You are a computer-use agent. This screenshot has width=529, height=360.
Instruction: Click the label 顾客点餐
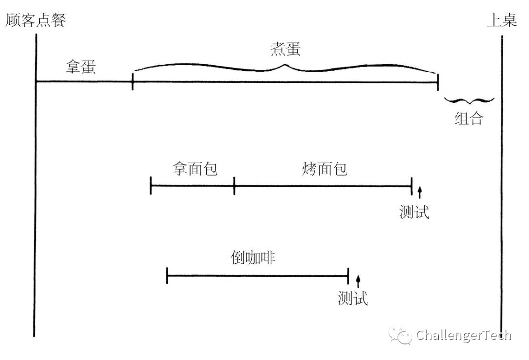point(35,21)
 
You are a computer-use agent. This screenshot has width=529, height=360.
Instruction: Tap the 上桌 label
point(502,21)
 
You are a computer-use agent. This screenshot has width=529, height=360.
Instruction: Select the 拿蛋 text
point(81,67)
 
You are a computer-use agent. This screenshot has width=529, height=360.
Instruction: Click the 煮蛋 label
point(286,49)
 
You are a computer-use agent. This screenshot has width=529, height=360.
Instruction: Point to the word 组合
point(469,119)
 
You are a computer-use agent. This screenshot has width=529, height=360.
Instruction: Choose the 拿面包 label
point(195,168)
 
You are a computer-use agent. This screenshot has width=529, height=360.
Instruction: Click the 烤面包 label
point(324,168)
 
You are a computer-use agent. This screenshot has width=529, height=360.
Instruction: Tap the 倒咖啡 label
point(253,258)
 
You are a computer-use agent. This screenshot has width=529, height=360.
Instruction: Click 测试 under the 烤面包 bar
point(414,212)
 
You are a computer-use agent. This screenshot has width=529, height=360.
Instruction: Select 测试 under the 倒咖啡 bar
point(353,298)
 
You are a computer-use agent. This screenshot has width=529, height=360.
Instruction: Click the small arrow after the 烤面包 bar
point(419,192)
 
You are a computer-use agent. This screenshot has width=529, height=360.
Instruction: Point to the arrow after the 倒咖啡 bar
point(358,281)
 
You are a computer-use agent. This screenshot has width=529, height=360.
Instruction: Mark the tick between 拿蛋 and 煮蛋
point(133,82)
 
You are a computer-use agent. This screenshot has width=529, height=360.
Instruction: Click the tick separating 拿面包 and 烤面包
point(234,186)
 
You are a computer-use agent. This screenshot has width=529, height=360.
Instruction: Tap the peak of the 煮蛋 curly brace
point(286,64)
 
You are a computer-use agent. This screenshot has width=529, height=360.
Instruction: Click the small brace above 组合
point(469,100)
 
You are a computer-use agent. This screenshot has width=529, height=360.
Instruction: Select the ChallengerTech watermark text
point(463,336)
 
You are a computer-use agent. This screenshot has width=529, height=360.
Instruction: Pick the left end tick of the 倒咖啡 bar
point(167,276)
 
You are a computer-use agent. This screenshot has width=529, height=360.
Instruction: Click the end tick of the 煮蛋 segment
point(437,82)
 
